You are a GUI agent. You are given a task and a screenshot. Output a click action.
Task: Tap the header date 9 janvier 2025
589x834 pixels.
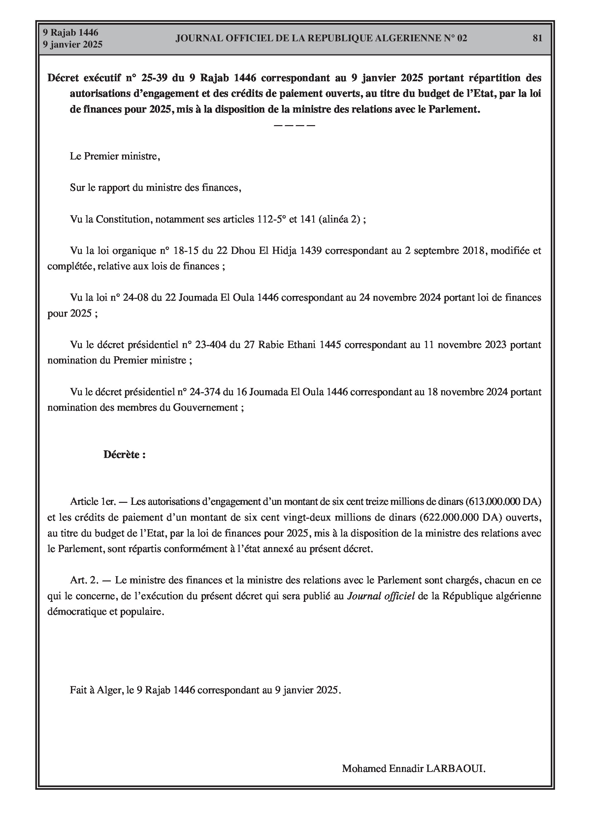(x=73, y=44)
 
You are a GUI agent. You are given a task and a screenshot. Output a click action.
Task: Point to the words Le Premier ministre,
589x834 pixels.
(x=115, y=156)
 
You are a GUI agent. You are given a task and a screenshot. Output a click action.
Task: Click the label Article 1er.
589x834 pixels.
(x=93, y=502)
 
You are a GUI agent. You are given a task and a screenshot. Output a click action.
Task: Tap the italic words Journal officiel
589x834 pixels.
(x=381, y=596)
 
